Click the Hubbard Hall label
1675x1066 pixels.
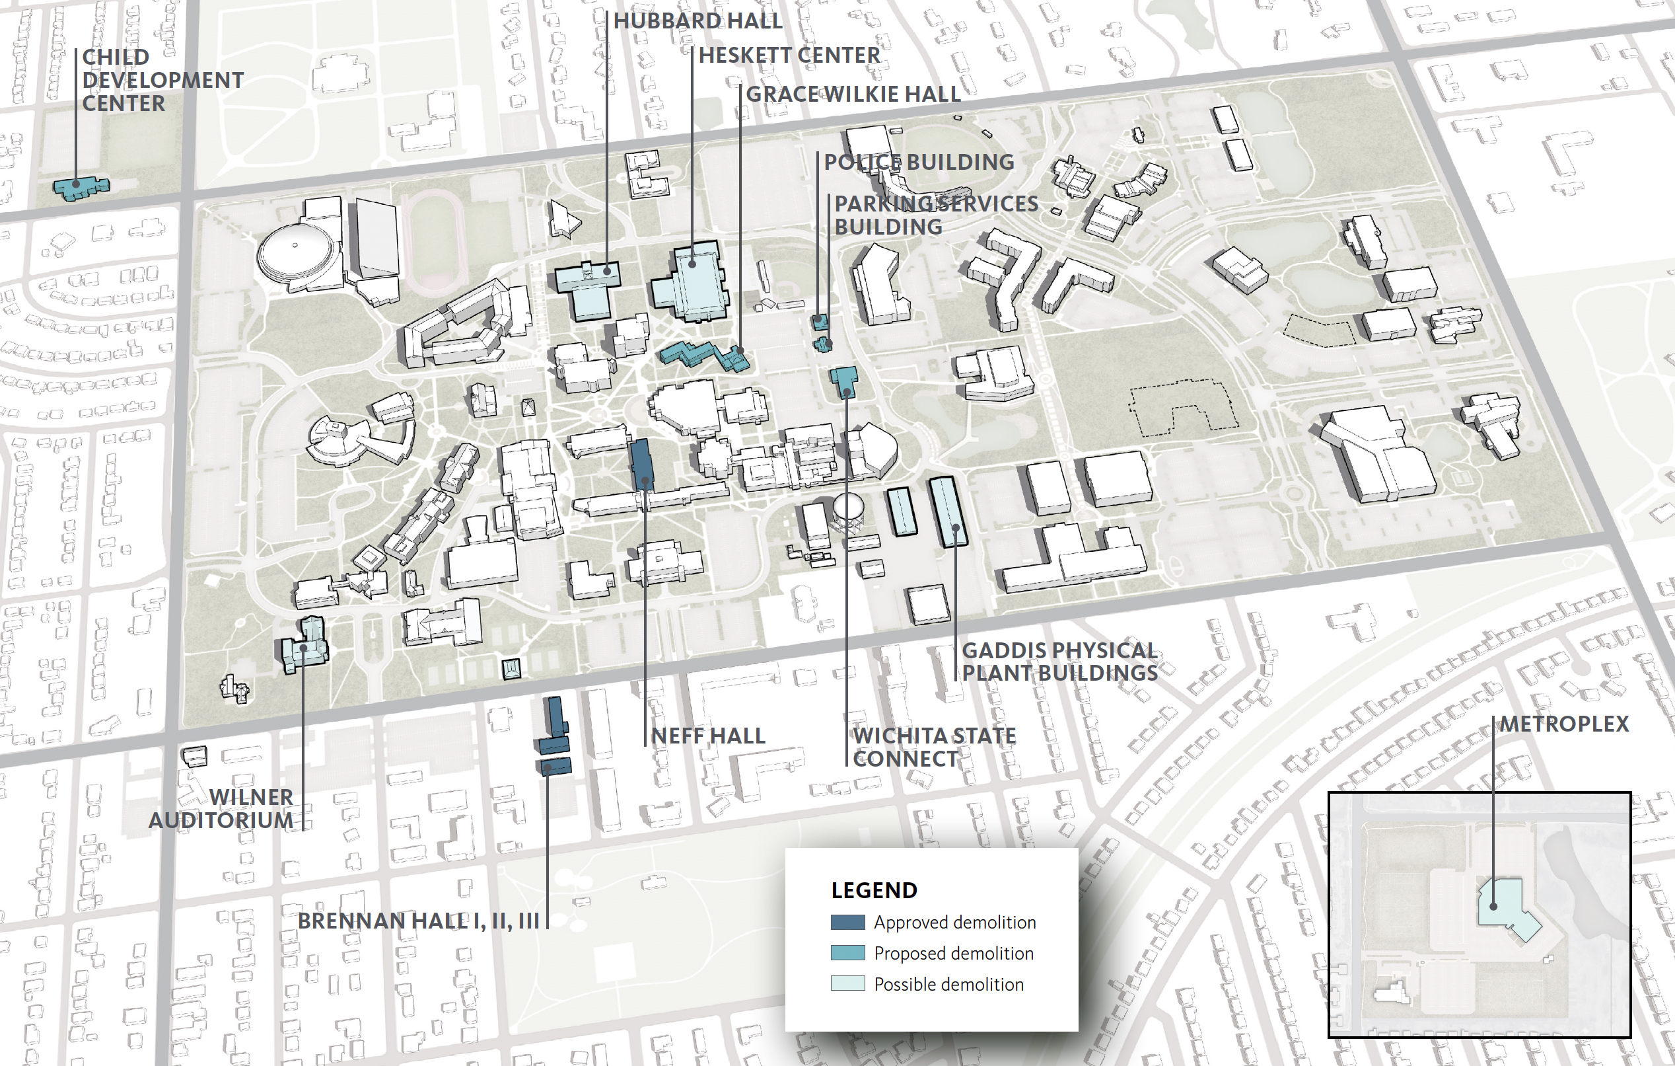click(697, 21)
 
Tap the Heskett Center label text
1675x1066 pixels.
click(789, 56)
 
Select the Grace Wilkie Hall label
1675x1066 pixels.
click(853, 94)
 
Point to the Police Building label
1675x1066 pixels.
click(918, 162)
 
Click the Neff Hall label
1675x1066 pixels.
click(707, 736)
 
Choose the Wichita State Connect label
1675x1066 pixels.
click(933, 747)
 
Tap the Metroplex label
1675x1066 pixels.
click(1563, 724)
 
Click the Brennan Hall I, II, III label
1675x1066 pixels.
click(418, 921)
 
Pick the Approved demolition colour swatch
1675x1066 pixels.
click(847, 923)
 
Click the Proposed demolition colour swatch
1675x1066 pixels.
click(847, 953)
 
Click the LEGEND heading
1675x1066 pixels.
click(874, 891)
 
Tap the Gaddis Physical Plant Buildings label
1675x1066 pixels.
click(1059, 662)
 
